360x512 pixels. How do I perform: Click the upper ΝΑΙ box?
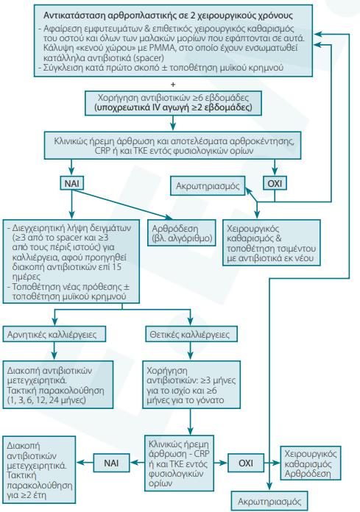tap(72, 183)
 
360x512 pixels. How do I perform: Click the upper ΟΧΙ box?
tap(275, 183)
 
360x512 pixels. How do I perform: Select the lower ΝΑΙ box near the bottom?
tap(111, 463)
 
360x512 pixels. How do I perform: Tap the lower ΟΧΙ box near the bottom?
tap(246, 463)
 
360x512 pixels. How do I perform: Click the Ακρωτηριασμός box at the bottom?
tap(269, 501)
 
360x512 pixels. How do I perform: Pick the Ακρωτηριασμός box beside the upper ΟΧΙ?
tap(208, 186)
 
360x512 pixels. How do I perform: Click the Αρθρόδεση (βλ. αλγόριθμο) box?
tap(182, 232)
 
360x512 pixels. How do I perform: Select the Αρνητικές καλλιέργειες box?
tap(54, 334)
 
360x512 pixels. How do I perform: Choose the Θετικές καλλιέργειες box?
tap(190, 334)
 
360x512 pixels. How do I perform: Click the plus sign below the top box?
tap(173, 85)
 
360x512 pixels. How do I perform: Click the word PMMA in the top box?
tap(169, 48)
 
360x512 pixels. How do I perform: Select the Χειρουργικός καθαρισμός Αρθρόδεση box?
tap(311, 463)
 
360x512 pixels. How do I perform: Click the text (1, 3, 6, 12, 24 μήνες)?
tap(46, 400)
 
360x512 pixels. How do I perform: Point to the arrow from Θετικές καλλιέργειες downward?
tap(191, 351)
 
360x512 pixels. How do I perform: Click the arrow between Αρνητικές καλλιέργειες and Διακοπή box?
tap(54, 351)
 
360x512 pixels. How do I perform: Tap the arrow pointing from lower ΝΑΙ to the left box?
tap(85, 463)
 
